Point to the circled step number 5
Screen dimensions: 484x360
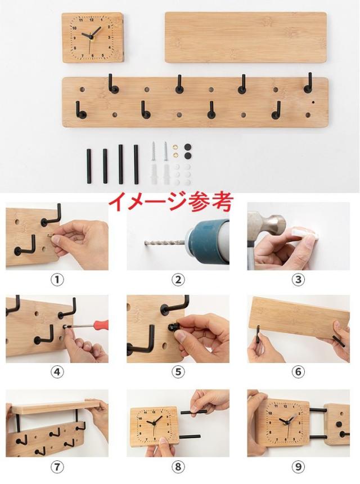click(178, 372)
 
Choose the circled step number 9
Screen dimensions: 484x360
click(299, 467)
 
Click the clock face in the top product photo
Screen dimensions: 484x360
click(92, 38)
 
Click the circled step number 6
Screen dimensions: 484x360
click(299, 372)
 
